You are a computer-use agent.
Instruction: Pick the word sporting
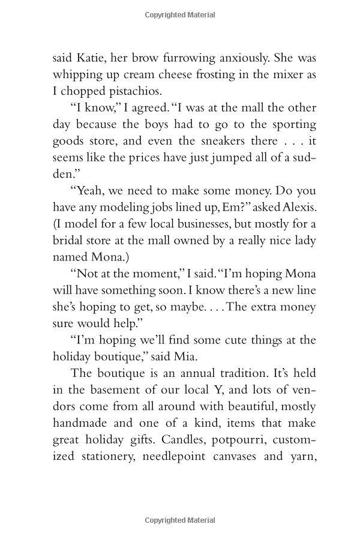click(x=286, y=125)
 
